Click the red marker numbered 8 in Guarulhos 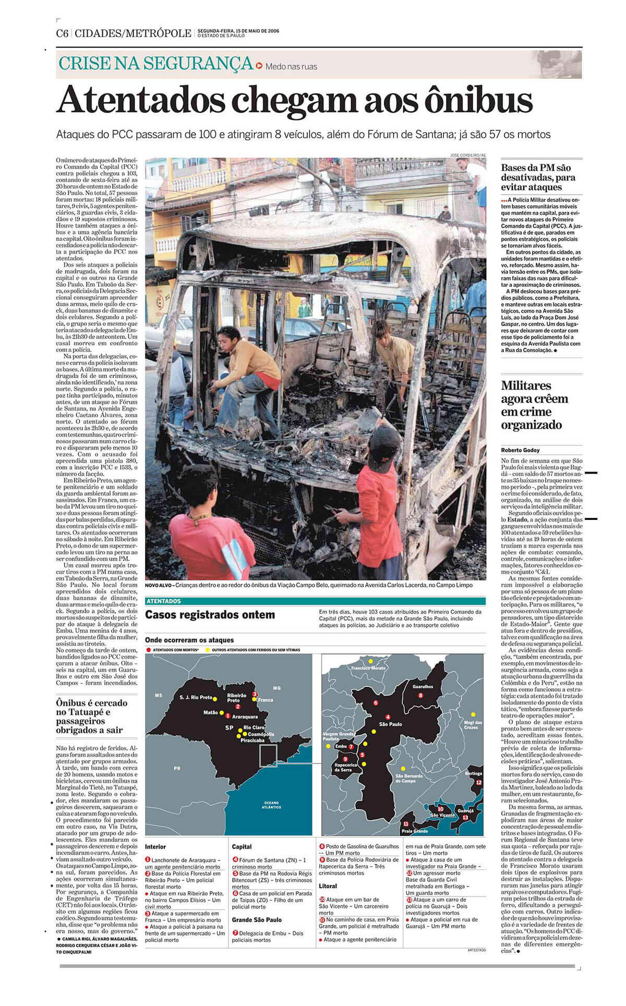coord(420,695)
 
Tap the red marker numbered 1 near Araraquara coord(227,716)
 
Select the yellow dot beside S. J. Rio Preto coord(215,697)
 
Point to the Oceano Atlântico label coord(271,805)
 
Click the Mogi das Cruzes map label coord(473,725)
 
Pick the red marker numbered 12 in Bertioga coord(479,782)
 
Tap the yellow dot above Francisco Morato coord(370,661)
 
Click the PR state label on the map coord(177,768)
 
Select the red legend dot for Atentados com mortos coord(149,650)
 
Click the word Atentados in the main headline coord(141,100)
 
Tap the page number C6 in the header coord(62,33)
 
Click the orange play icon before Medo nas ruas coord(259,66)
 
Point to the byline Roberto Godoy coord(520,450)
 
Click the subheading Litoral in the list coord(328,886)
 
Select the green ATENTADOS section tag coord(164,601)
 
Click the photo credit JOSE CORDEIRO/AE coord(468,155)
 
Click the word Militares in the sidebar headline coord(526,385)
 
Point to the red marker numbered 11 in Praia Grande coord(406,823)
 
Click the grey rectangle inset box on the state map coord(268,756)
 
